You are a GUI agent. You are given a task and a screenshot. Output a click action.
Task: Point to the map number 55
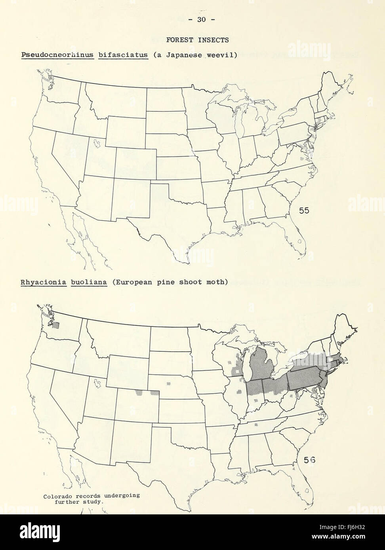pos(304,211)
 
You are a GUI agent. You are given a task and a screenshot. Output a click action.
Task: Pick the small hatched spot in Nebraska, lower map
pos(168,383)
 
